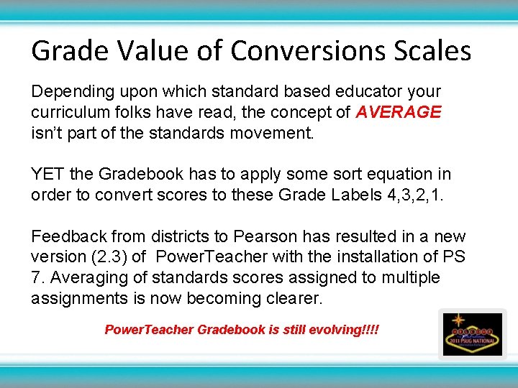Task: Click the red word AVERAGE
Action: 399,113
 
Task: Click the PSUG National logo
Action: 472,333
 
